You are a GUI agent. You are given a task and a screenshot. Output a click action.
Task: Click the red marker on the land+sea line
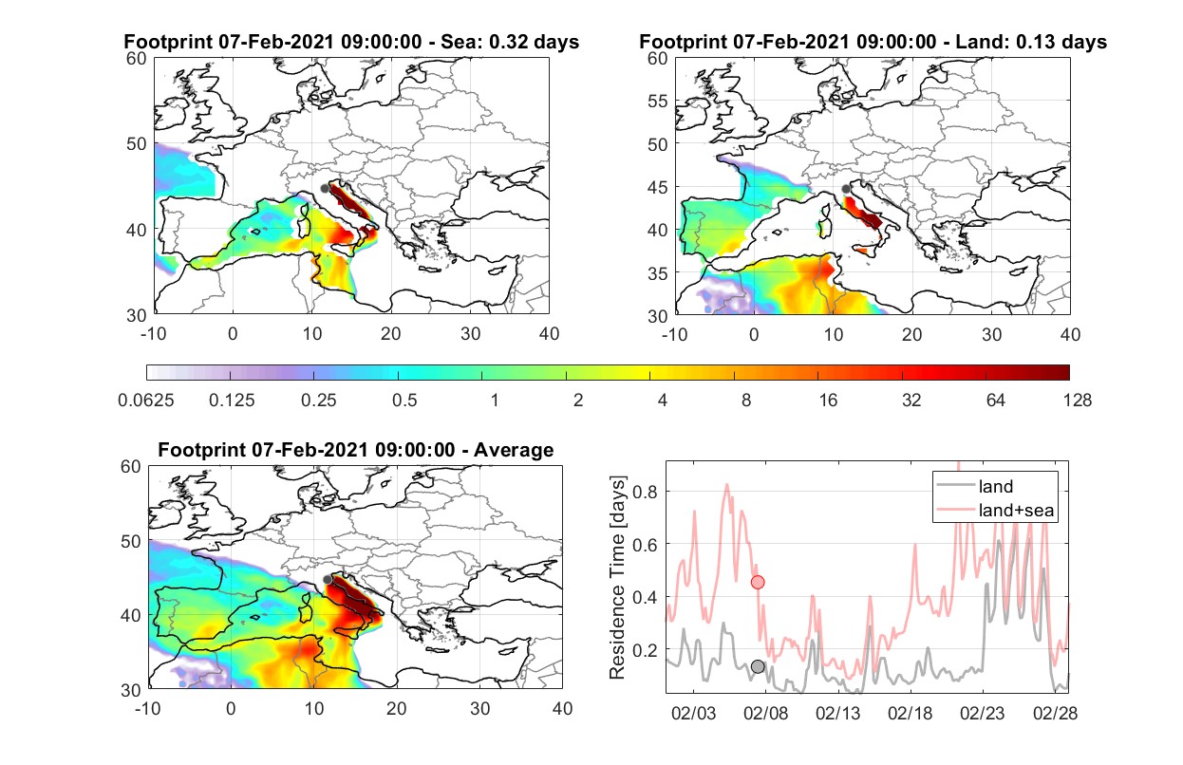758,582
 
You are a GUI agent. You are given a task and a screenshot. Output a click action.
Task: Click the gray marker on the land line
758,666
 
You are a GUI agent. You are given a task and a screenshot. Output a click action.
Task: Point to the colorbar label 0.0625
146,401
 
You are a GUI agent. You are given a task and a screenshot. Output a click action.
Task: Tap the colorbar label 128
1077,401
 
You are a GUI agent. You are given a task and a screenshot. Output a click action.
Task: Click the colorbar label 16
828,401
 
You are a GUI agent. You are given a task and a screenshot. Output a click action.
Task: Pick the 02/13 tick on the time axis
837,713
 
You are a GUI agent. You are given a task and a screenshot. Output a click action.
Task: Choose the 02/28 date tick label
1055,713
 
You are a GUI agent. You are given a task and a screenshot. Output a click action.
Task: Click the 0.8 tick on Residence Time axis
645,492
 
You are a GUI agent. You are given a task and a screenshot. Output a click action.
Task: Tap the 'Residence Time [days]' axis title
617,577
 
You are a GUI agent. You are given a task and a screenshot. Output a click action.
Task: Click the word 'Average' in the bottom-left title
514,450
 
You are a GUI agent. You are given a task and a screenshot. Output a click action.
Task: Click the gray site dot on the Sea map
325,189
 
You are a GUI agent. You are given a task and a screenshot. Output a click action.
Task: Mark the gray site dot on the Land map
846,189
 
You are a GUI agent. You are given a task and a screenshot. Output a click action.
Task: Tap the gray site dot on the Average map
328,579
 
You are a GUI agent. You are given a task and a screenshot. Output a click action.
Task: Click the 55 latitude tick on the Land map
658,101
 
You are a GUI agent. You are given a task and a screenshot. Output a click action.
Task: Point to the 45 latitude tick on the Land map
658,187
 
